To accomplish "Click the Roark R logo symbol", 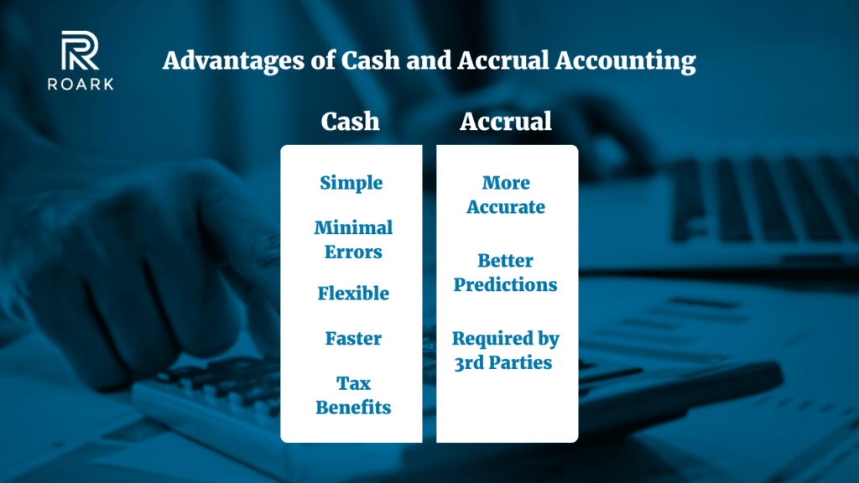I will pos(80,49).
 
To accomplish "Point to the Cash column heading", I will pos(350,122).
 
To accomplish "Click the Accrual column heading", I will pos(506,122).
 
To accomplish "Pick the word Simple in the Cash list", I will pos(351,183).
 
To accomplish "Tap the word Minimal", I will pos(353,227).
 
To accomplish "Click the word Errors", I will pos(353,252).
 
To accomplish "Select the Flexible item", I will pos(353,293).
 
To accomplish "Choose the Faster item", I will pos(353,339).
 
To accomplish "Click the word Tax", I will pos(353,383).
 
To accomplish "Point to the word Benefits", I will pos(353,408).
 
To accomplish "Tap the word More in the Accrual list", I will pos(506,183).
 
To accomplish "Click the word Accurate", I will pos(506,207).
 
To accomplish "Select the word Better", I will pos(506,260).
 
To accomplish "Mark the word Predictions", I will pos(506,285).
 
